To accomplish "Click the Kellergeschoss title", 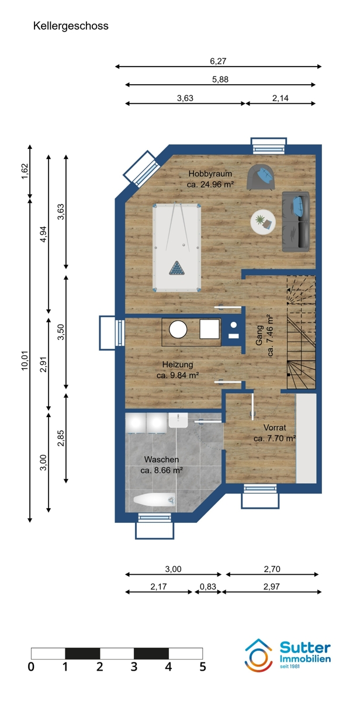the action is (x=71, y=26).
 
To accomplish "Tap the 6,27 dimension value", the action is (x=218, y=61).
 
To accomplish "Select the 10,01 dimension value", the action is (x=25, y=360).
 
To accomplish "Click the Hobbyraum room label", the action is (x=210, y=173).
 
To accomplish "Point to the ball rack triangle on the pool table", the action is (x=177, y=268).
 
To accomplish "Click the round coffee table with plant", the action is (x=263, y=221).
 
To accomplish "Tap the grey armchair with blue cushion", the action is (x=261, y=178).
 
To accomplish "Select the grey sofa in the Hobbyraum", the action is (x=296, y=221).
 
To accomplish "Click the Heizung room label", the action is (x=178, y=365).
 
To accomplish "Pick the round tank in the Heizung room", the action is (x=178, y=329).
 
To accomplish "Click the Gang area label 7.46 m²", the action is (x=270, y=335).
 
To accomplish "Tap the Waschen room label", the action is (x=161, y=459).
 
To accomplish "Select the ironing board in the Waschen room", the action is (x=154, y=500).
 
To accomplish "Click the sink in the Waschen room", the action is (x=178, y=420).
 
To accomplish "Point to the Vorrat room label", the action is (x=275, y=428).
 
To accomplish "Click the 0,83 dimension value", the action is (x=208, y=587).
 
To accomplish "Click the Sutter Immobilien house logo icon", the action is (x=258, y=655).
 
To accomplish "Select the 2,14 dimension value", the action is (x=280, y=98).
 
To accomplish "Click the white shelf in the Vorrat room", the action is (x=306, y=438).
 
